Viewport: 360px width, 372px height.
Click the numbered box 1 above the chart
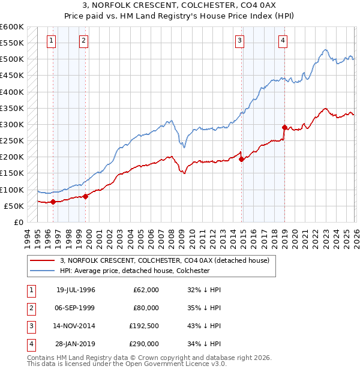tap(52, 41)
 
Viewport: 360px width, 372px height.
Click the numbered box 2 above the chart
tap(83, 41)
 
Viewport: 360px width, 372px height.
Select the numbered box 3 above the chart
tap(239, 41)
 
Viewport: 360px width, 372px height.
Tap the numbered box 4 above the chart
tap(283, 41)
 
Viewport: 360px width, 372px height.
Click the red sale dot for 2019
tap(284, 127)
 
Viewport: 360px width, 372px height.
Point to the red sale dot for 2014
tap(241, 159)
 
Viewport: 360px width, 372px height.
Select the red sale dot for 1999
tap(85, 196)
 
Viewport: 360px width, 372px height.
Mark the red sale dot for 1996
tap(53, 202)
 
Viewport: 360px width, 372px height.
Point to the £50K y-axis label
tap(14, 206)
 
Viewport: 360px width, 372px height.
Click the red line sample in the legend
tap(42, 261)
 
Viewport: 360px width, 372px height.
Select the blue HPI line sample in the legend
tap(42, 271)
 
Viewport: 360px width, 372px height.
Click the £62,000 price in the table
tap(146, 289)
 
